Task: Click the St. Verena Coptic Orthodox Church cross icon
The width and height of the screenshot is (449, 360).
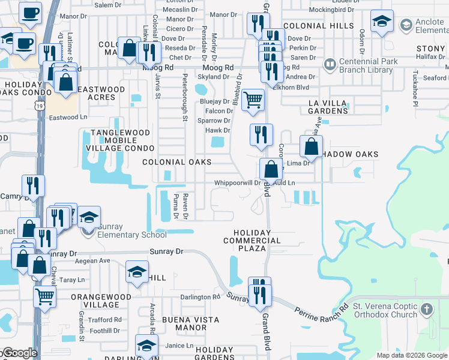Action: pyautogui.click(x=426, y=310)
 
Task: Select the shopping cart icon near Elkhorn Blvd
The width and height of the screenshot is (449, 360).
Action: pyautogui.click(x=255, y=100)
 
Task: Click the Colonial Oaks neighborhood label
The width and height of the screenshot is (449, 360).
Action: pyautogui.click(x=176, y=162)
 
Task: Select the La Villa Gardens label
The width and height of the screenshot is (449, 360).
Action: pyautogui.click(x=328, y=107)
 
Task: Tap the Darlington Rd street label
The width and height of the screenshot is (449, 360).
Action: pyautogui.click(x=200, y=297)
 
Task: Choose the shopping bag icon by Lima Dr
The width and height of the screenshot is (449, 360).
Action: pyautogui.click(x=311, y=146)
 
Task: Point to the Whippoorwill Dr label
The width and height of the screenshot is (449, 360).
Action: pyautogui.click(x=237, y=183)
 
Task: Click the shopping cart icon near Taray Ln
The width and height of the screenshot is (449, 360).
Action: pyautogui.click(x=44, y=295)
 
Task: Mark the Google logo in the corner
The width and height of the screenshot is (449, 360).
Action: pyautogui.click(x=19, y=353)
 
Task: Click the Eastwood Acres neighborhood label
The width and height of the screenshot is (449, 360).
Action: pyautogui.click(x=106, y=93)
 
